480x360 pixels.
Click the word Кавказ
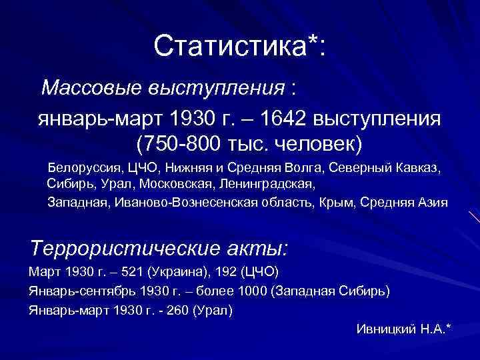418,166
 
